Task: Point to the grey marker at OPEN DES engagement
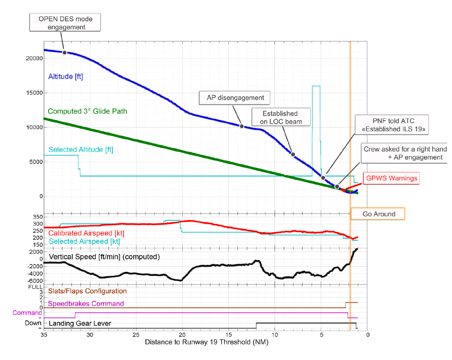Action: [x=64, y=52]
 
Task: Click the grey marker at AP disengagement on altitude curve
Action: [x=242, y=126]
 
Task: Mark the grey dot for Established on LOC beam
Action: [x=293, y=154]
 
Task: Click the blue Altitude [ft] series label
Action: [x=66, y=76]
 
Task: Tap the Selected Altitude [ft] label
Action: [x=81, y=150]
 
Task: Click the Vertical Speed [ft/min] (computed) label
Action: [x=104, y=257]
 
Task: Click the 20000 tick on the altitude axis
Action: [x=34, y=58]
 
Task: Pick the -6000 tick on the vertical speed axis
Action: [x=35, y=281]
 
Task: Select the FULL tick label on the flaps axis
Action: [x=35, y=287]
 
